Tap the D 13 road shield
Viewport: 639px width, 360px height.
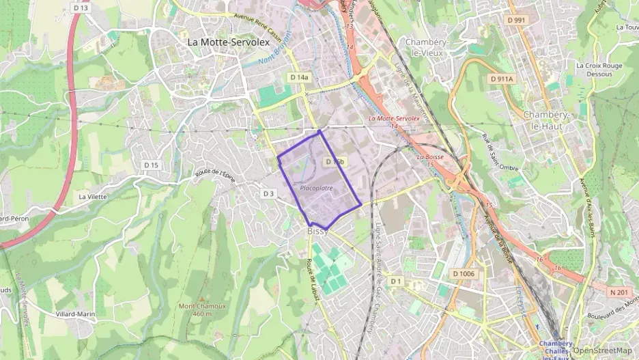click(81, 8)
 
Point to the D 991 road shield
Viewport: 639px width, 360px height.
click(516, 20)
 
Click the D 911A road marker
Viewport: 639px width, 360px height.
click(501, 80)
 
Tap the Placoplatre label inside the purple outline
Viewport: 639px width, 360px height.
click(315, 187)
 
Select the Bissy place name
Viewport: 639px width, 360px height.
click(317, 232)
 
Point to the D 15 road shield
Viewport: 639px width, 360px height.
click(152, 165)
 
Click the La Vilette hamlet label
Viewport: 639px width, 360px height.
click(93, 197)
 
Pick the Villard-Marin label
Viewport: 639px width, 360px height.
click(75, 314)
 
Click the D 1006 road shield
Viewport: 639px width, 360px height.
click(463, 274)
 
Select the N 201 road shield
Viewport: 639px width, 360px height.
click(619, 292)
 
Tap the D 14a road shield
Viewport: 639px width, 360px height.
click(299, 78)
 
